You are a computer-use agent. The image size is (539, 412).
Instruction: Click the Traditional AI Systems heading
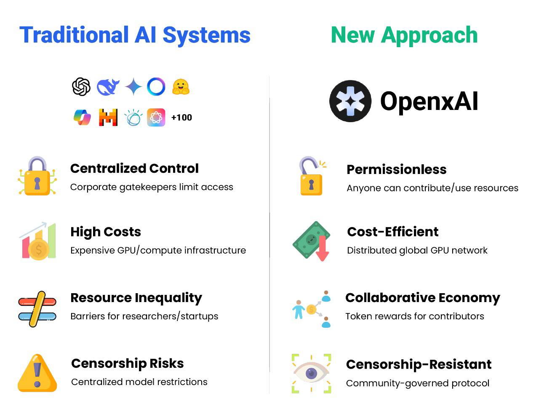135,36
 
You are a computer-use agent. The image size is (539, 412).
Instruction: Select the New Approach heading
404,36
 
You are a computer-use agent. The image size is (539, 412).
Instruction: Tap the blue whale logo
108,87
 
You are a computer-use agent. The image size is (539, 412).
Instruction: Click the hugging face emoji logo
181,87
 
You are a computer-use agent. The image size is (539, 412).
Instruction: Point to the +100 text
182,118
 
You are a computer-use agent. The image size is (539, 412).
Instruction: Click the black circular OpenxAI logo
350,101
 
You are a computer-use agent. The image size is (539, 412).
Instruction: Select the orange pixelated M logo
108,118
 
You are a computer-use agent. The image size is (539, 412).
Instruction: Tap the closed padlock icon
37,176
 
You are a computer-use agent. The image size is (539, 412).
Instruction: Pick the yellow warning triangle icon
37,373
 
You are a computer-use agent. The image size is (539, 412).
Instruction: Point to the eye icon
311,373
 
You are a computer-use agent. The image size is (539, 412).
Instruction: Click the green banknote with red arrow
311,241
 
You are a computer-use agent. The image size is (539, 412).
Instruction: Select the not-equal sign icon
37,309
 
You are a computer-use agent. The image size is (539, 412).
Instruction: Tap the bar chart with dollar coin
38,241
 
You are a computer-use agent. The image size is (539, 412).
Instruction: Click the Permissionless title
397,169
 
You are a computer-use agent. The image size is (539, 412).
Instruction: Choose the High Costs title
106,232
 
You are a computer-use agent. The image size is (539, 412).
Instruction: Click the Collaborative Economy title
423,298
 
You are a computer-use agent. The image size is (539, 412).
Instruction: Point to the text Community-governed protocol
418,383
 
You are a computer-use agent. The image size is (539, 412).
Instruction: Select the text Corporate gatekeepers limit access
152,187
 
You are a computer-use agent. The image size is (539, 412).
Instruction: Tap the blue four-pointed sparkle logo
133,86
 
